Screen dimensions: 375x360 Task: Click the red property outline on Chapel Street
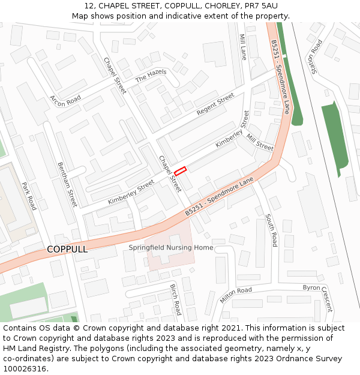tap(181, 170)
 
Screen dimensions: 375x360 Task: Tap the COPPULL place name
tap(67, 249)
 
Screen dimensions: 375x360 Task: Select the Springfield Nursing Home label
tap(170, 248)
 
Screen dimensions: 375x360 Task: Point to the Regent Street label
tap(215, 105)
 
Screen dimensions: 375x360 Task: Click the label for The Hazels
tap(151, 76)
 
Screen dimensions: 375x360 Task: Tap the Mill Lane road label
tap(243, 47)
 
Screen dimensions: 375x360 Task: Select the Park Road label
tap(29, 196)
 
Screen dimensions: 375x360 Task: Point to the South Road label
tap(271, 230)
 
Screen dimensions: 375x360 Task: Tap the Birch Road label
tap(175, 299)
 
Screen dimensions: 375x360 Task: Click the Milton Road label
tap(236, 294)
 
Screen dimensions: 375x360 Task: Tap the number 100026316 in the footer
tap(25, 369)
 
